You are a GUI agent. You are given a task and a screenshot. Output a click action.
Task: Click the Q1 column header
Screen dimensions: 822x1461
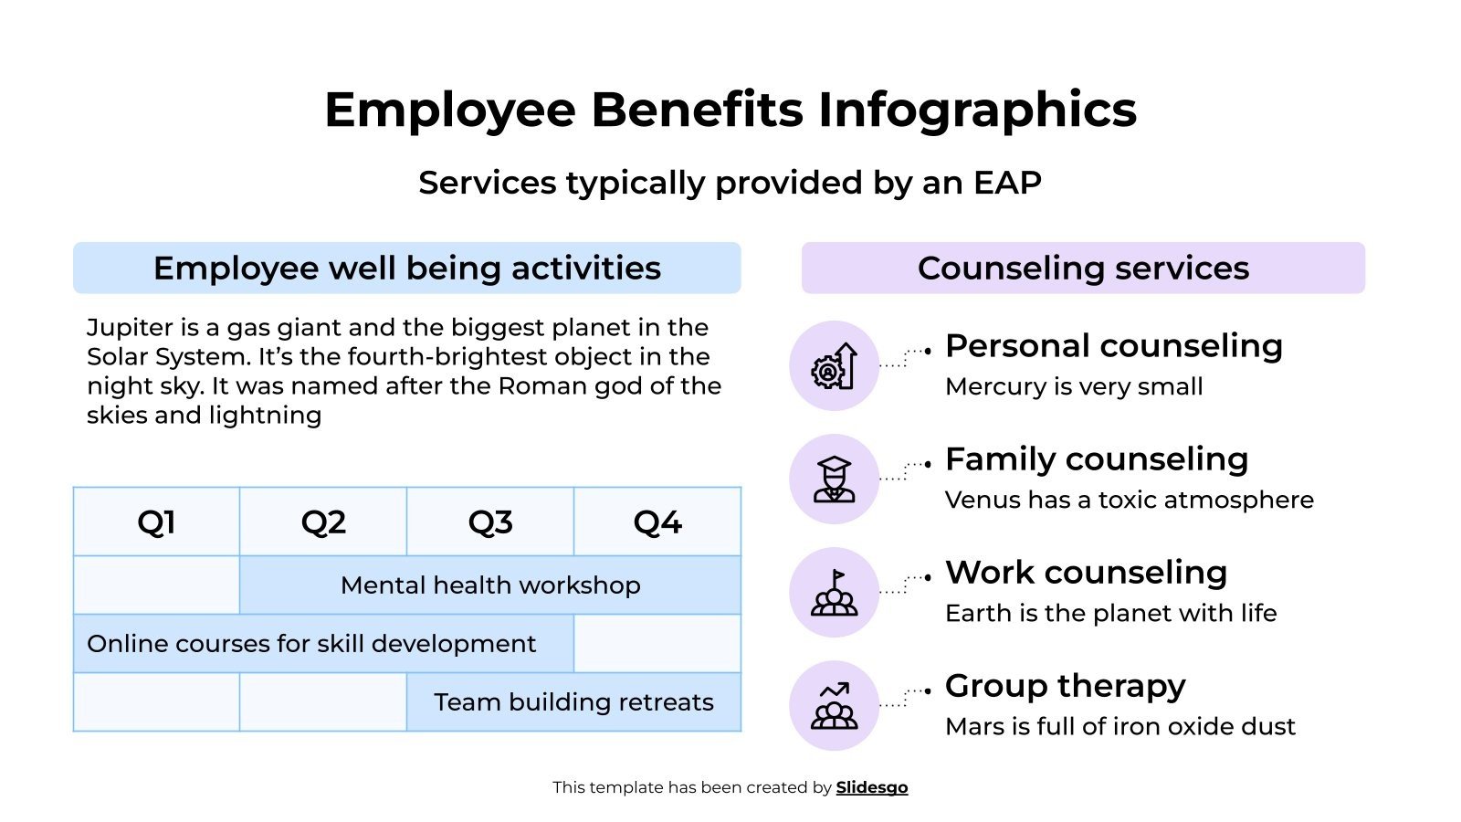tap(156, 522)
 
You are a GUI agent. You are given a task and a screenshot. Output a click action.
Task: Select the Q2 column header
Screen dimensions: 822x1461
tap(323, 522)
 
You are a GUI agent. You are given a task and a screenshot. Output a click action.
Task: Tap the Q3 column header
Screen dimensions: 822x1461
tap(490, 522)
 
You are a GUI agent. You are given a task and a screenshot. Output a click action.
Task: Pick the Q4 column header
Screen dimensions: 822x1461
tap(657, 522)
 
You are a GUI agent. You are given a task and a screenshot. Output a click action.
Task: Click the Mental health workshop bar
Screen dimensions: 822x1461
tap(490, 585)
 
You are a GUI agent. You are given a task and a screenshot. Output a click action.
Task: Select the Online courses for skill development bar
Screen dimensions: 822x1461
tap(311, 644)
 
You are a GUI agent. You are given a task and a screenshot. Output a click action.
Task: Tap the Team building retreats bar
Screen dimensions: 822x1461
tap(573, 702)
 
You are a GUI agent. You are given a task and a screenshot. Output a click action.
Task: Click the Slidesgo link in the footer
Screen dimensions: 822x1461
tap(872, 787)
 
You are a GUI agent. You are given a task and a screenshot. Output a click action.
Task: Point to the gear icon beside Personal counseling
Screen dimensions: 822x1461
tap(834, 366)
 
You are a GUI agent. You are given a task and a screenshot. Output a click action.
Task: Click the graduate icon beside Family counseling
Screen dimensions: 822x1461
tap(834, 479)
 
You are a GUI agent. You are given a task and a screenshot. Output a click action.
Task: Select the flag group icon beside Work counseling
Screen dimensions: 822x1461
tap(834, 593)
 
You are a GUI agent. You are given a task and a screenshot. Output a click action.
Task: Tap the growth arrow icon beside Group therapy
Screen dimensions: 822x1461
tap(834, 706)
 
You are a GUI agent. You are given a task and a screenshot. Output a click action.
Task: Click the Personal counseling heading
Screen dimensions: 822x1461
tap(1114, 346)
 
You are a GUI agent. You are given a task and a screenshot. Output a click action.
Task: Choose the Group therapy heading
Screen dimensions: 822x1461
tap(1065, 686)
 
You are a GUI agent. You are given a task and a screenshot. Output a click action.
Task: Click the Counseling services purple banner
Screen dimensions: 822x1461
tap(1083, 268)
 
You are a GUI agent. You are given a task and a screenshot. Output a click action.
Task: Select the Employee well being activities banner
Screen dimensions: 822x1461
tap(407, 268)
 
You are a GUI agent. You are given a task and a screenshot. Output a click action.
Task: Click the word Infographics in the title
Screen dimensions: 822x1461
tap(977, 110)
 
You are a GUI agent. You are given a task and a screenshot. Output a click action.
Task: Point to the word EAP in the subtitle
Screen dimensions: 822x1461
tap(1007, 183)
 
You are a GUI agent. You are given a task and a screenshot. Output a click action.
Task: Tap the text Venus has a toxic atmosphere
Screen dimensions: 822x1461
tap(1130, 500)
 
